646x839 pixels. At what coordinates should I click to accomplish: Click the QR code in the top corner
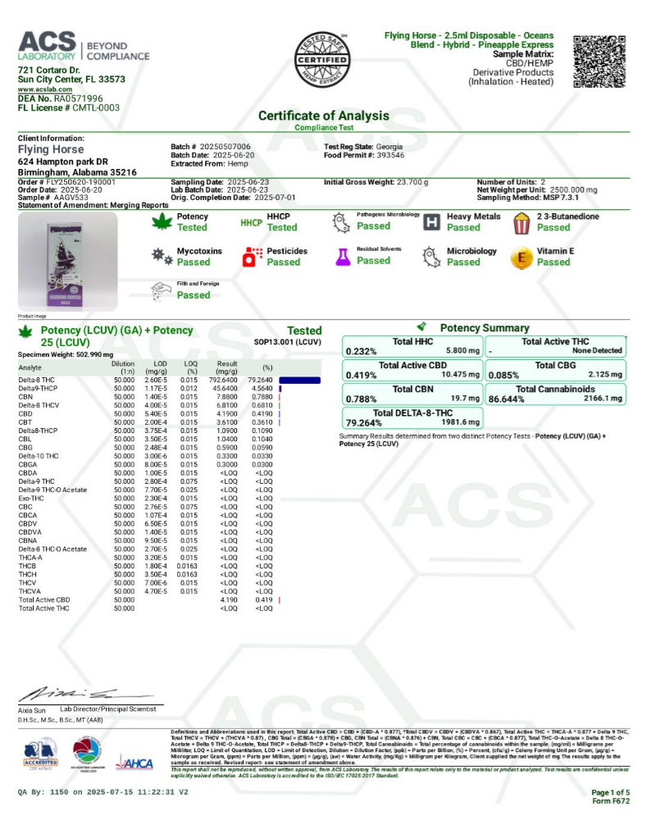(x=598, y=62)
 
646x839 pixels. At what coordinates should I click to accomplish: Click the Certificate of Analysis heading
(x=323, y=116)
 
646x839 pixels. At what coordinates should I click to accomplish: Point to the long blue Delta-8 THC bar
(x=300, y=380)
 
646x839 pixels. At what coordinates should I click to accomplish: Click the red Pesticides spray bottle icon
(x=252, y=257)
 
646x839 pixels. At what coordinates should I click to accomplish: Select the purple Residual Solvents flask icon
(x=342, y=257)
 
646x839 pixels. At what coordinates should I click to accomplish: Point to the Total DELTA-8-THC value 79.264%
(x=364, y=423)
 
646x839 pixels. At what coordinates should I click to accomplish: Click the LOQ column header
(x=190, y=365)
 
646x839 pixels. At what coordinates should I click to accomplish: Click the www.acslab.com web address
(x=42, y=89)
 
